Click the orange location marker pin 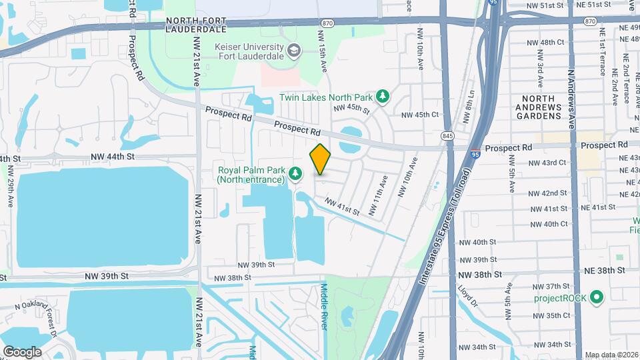tap(321, 159)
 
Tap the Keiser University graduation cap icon tap(293, 51)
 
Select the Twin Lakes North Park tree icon tap(383, 97)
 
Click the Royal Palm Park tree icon tap(295, 174)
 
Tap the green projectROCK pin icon tap(597, 297)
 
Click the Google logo tap(22, 352)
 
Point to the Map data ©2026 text tap(611, 355)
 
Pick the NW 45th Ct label tap(420, 115)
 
